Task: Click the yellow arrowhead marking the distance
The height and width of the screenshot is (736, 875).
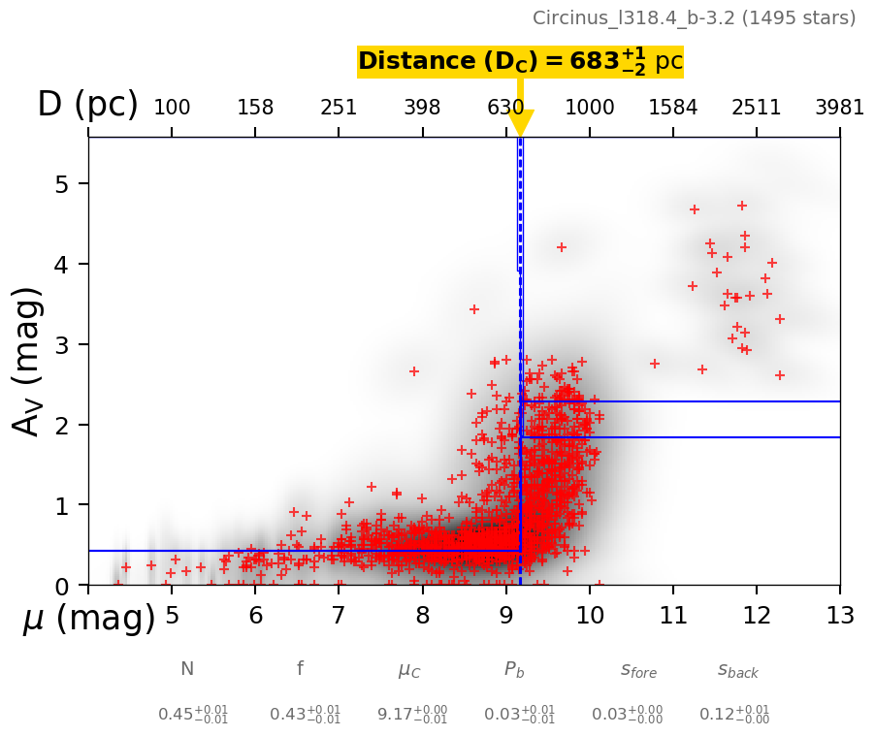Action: click(x=521, y=123)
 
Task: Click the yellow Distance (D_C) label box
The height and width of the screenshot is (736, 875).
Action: click(x=520, y=61)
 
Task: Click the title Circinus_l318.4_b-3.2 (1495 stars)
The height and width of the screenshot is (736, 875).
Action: click(x=694, y=17)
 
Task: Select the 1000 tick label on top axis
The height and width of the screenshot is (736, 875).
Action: click(x=590, y=108)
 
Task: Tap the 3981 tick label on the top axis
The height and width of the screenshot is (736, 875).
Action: click(x=839, y=108)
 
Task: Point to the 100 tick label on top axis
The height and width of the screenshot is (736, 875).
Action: click(x=172, y=108)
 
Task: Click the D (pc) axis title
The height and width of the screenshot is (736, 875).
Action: click(x=87, y=105)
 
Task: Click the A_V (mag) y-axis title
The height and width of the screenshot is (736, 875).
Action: click(x=29, y=361)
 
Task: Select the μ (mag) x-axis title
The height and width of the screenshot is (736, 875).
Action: click(x=88, y=618)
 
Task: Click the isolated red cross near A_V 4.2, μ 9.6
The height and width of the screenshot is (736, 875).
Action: click(x=561, y=247)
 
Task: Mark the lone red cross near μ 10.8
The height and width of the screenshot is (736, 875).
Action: click(x=655, y=364)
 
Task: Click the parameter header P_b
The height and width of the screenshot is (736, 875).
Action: click(x=514, y=669)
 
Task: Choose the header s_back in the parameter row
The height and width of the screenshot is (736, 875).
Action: click(x=737, y=670)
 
